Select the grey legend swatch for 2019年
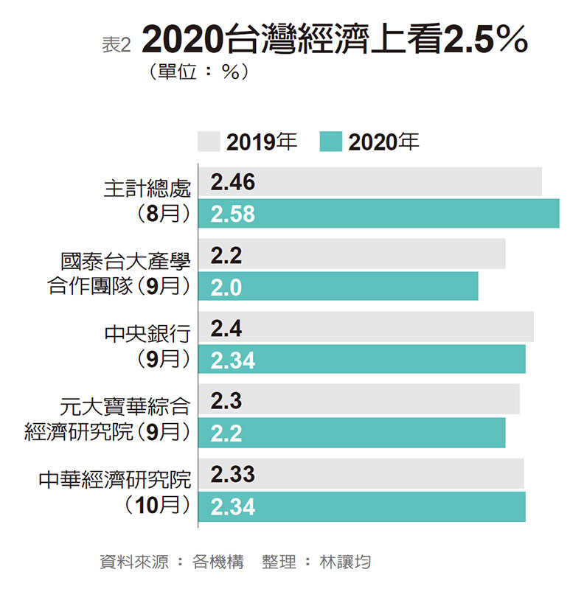[x=209, y=142]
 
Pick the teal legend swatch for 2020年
[x=331, y=142]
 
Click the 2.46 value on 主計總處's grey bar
[x=232, y=183]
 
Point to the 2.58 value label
[x=232, y=215]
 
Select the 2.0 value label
[x=226, y=287]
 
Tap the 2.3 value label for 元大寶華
[x=226, y=401]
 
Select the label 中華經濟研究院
[x=115, y=481]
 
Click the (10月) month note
[x=158, y=506]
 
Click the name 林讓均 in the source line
[x=345, y=562]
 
